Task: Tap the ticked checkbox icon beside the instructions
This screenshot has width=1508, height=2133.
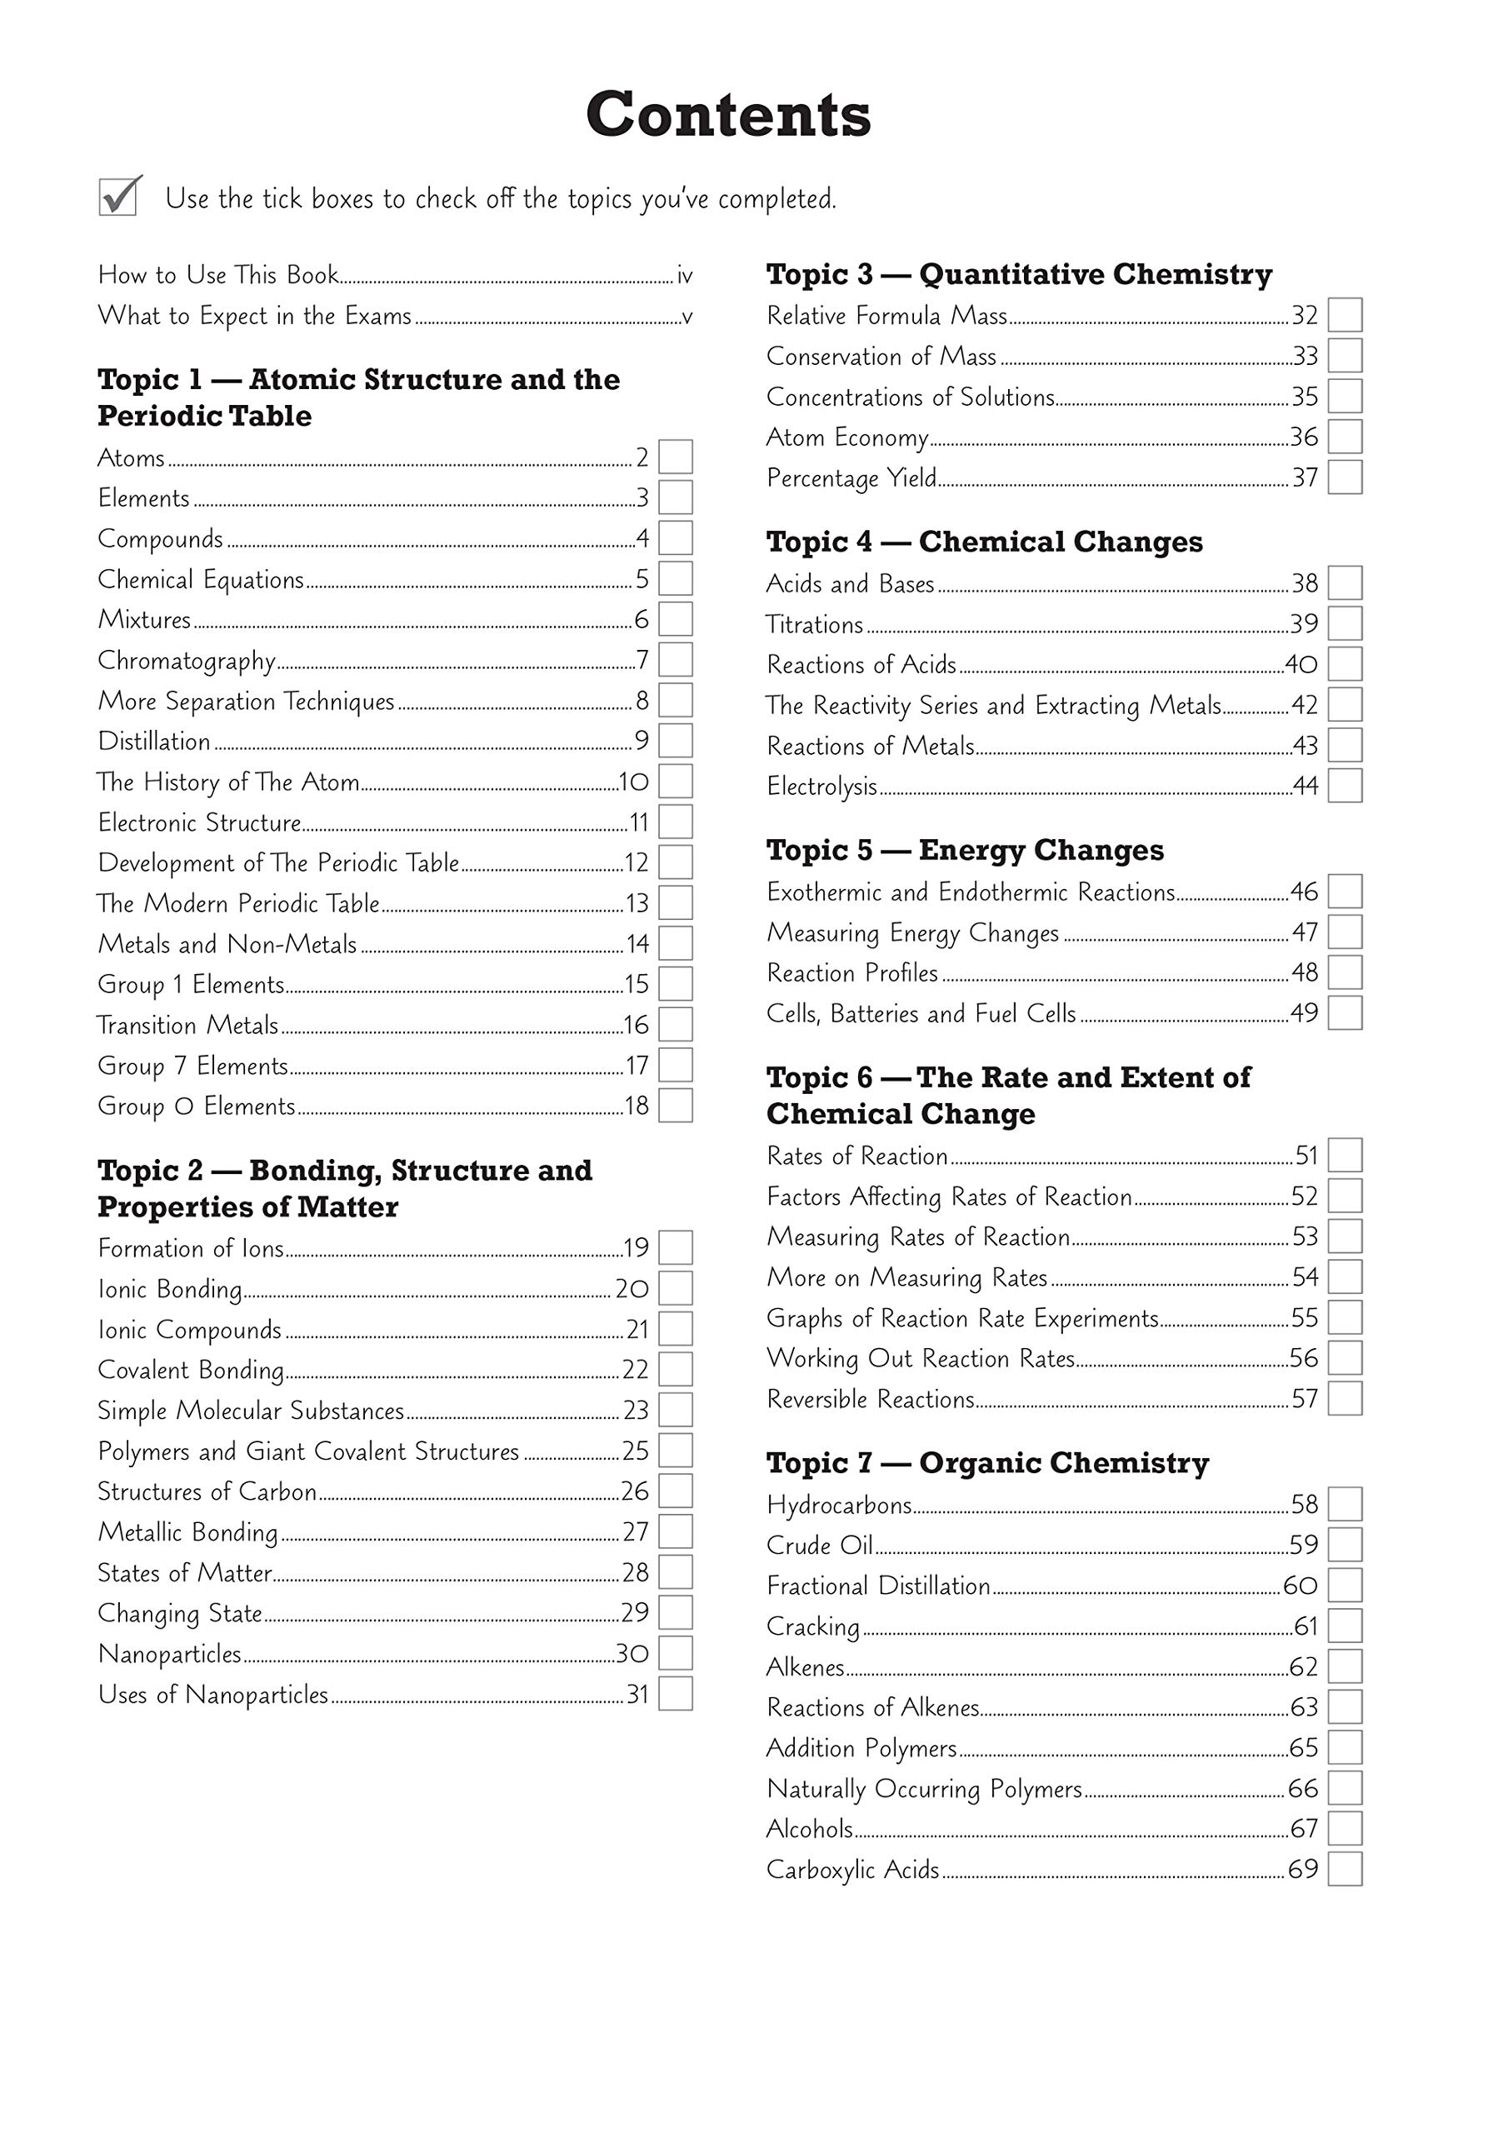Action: pyautogui.click(x=119, y=196)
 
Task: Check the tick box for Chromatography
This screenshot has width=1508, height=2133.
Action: pyautogui.click(x=676, y=660)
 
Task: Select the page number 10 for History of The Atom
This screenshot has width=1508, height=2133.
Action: pyautogui.click(x=634, y=782)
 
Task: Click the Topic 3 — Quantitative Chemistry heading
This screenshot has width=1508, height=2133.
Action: pyautogui.click(x=1018, y=274)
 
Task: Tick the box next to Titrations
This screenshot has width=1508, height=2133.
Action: pyautogui.click(x=1345, y=623)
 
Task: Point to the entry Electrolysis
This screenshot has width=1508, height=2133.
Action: pyautogui.click(x=821, y=787)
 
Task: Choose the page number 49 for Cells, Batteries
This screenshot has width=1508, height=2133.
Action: pyautogui.click(x=1304, y=1012)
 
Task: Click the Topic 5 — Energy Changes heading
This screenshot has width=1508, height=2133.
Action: pyautogui.click(x=965, y=850)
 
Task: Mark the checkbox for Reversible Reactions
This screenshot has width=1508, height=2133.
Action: pyautogui.click(x=1345, y=1398)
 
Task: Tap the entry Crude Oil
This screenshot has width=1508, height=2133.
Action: pyautogui.click(x=820, y=1545)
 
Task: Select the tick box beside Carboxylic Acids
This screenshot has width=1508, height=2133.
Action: pyautogui.click(x=1345, y=1869)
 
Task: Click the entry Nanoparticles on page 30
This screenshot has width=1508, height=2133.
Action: pyautogui.click(x=170, y=1654)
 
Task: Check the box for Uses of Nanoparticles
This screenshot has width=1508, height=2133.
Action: pyautogui.click(x=676, y=1694)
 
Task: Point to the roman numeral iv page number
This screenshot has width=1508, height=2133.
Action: pyautogui.click(x=685, y=276)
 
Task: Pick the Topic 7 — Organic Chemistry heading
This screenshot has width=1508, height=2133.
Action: pyautogui.click(x=986, y=1463)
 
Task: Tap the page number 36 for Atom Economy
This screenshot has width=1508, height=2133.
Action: pyautogui.click(x=1304, y=437)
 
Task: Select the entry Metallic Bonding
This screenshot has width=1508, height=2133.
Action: pyautogui.click(x=187, y=1532)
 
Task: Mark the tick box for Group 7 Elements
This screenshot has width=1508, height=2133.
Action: pyautogui.click(x=676, y=1065)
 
